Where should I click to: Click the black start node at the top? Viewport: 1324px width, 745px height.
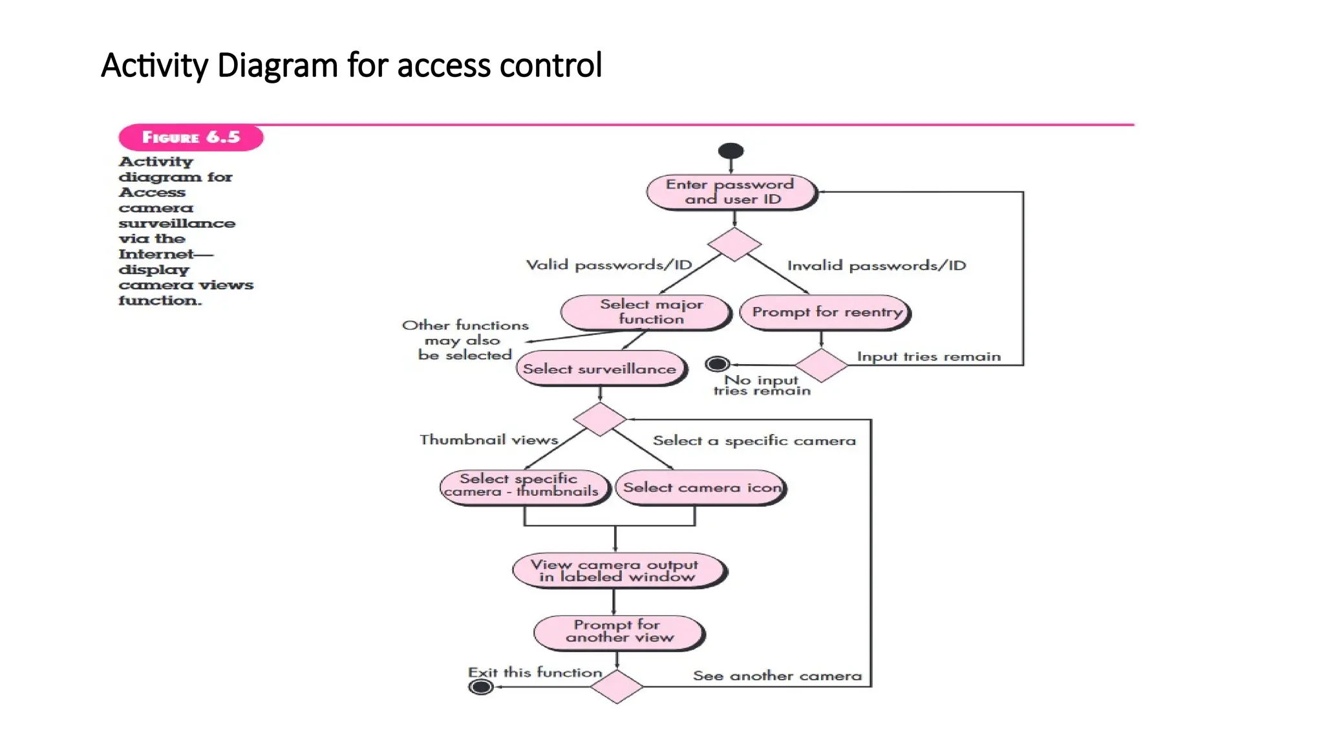coord(731,151)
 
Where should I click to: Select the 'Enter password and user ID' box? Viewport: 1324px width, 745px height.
coord(731,192)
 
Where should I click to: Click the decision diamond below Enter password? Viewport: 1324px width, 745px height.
coord(734,244)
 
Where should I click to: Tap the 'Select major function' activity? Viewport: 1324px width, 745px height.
coord(646,312)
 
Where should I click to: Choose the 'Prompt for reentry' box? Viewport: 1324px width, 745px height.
coord(825,312)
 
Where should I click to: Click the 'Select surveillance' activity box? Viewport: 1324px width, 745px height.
coord(600,369)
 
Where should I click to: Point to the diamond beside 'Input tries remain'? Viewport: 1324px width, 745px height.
coord(821,365)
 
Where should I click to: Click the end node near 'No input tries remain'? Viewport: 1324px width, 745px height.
coord(717,364)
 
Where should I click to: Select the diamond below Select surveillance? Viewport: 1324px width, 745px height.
coord(600,419)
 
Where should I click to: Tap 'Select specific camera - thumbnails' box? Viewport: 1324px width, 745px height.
coord(524,486)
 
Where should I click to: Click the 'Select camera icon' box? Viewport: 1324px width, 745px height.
coord(701,488)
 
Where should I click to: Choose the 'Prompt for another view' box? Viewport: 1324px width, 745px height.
coord(619,632)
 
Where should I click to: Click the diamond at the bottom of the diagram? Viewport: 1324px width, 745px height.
coord(617,686)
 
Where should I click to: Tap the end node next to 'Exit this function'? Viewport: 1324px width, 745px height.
coord(480,687)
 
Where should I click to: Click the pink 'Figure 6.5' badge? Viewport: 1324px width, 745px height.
coord(191,137)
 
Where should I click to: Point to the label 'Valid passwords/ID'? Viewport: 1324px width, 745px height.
coord(608,265)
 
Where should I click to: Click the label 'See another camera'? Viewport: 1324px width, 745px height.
coord(777,676)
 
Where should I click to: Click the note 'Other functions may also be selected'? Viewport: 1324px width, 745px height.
coord(465,340)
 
